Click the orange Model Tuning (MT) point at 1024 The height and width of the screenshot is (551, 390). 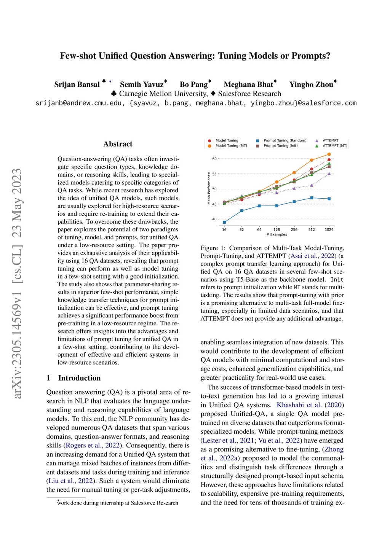(x=329, y=154)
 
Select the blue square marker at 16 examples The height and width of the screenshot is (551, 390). (x=224, y=222)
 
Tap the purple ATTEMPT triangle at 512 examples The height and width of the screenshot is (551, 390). (x=312, y=185)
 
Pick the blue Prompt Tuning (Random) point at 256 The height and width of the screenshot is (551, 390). (x=294, y=202)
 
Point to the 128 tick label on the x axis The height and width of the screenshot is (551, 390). (x=277, y=230)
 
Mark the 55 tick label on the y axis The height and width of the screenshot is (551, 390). (x=214, y=174)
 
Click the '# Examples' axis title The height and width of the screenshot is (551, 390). (x=277, y=235)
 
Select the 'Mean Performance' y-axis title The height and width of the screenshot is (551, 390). (x=209, y=188)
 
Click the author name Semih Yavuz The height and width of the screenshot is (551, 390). (x=142, y=84)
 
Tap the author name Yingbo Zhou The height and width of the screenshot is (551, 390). (x=311, y=84)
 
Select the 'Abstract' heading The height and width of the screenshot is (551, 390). (x=118, y=144)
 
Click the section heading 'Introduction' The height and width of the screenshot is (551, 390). (x=79, y=378)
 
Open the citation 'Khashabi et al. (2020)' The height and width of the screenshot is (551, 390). (x=310, y=405)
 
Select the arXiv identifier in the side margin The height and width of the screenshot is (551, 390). (x=17, y=283)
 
